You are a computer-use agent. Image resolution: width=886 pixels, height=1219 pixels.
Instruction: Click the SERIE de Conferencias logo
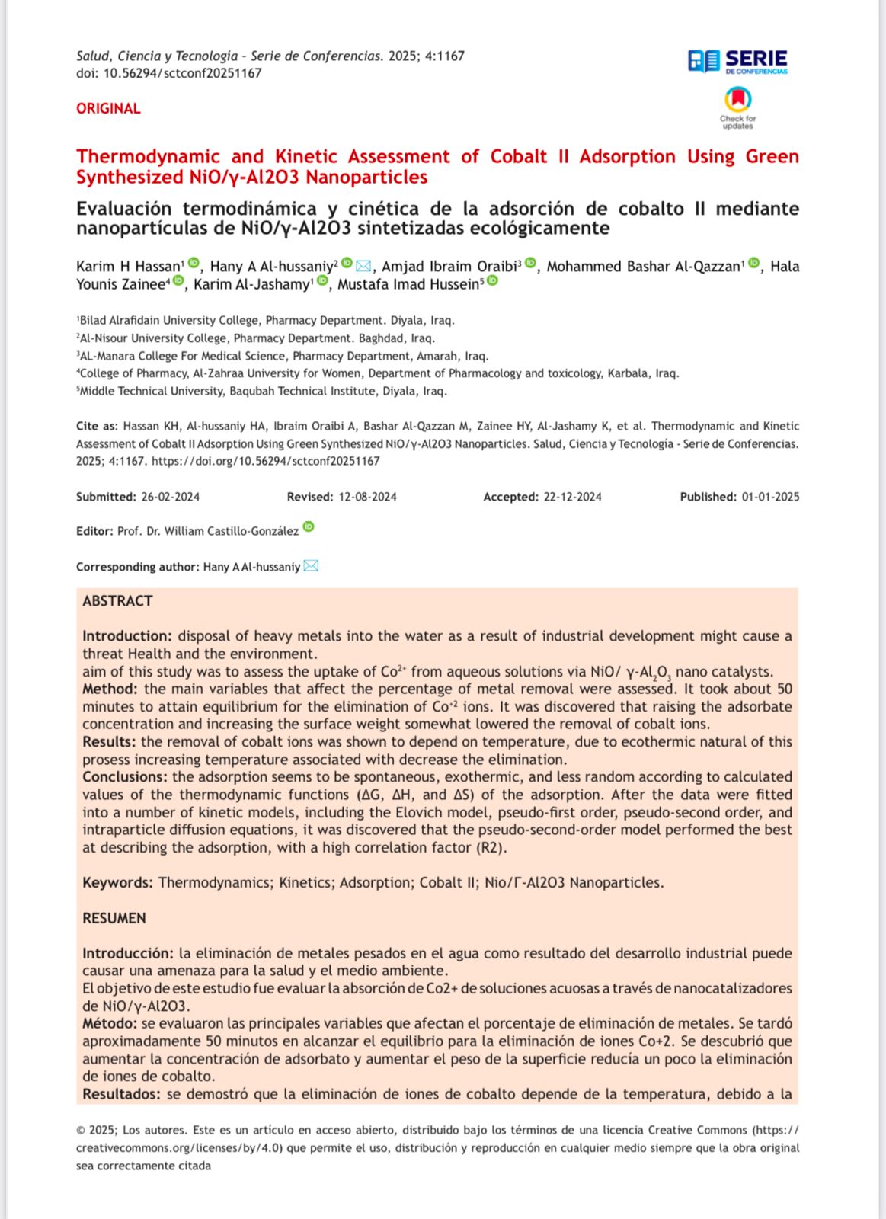pos(737,61)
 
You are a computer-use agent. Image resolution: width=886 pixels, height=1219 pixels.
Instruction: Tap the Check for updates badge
pos(737,108)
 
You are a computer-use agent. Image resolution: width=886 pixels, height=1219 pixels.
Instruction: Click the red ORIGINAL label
pos(108,108)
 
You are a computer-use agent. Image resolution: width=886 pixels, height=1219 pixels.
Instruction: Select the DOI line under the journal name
pos(168,73)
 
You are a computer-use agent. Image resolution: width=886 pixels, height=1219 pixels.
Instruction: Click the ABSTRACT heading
pos(117,601)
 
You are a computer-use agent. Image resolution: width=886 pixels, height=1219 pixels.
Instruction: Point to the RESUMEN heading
pos(114,918)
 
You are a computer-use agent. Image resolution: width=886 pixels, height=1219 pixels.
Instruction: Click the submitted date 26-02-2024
pos(170,497)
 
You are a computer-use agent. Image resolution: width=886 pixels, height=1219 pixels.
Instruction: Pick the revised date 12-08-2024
pos(367,497)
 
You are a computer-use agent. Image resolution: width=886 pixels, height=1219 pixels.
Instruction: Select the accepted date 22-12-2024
pos(572,497)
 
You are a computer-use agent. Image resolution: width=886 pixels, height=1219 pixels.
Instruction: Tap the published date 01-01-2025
pos(770,497)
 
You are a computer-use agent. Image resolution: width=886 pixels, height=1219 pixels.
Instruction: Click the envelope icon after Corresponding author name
pos(311,566)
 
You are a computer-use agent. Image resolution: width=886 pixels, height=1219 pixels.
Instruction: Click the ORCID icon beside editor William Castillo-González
pos(309,526)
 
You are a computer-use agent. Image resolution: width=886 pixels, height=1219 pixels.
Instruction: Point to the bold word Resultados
pos(121,1094)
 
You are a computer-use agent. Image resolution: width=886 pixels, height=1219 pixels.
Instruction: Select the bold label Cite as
pos(97,426)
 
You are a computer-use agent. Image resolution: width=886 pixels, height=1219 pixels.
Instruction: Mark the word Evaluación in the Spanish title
pos(123,208)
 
